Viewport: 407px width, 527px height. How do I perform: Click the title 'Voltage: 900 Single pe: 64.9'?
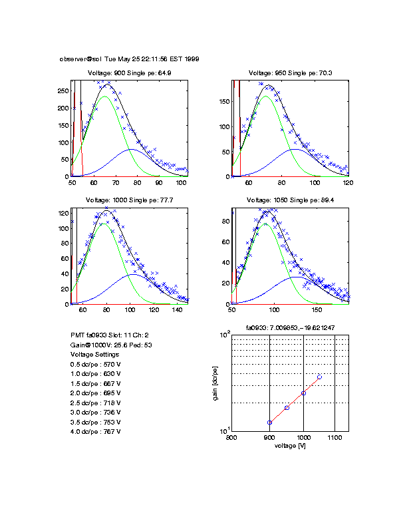[x=130, y=73]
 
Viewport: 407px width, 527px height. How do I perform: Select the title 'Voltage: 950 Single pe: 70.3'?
[x=290, y=73]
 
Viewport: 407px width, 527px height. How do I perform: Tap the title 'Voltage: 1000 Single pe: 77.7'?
[x=130, y=200]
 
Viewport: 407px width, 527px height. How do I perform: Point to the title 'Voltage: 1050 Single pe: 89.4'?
[x=290, y=200]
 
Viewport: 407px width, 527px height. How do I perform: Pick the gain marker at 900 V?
[x=269, y=423]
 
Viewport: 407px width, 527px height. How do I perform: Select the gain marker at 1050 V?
[x=319, y=377]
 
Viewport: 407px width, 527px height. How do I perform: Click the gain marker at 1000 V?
[x=303, y=393]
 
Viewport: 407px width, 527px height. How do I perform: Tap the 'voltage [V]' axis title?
[x=290, y=446]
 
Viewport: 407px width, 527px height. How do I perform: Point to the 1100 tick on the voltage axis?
[x=335, y=438]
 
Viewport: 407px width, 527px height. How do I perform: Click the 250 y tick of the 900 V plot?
[x=64, y=90]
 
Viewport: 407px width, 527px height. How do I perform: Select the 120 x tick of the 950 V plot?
[x=348, y=182]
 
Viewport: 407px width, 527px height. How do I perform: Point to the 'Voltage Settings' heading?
[x=96, y=355]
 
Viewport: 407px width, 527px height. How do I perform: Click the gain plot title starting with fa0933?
[x=290, y=327]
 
